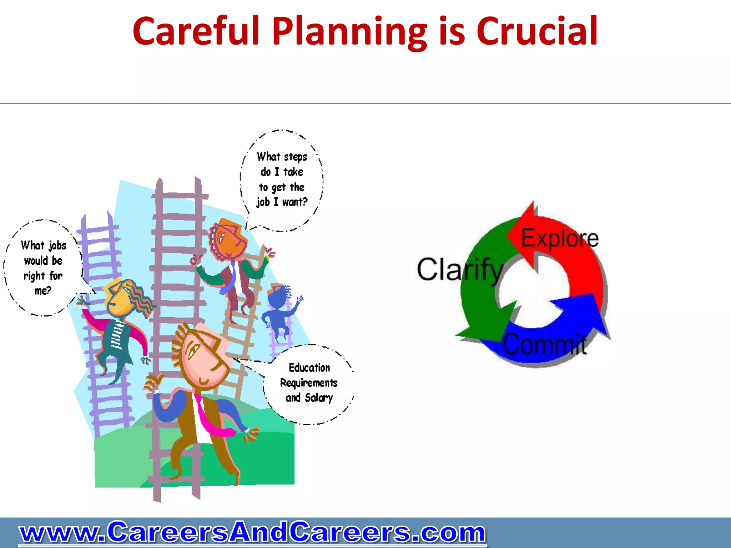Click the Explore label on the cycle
point(560,238)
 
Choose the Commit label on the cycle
point(545,345)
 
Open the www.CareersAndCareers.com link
point(252,532)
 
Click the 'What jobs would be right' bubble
point(43,268)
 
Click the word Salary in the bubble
point(319,397)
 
